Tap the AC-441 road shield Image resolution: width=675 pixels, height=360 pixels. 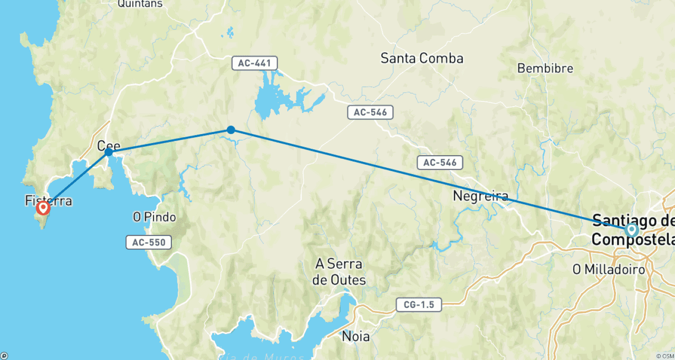pyautogui.click(x=254, y=63)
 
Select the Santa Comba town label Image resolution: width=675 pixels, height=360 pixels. pyautogui.click(x=422, y=58)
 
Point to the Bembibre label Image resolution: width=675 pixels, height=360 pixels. pyautogui.click(x=545, y=68)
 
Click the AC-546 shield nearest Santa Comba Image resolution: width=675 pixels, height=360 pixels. pyautogui.click(x=370, y=112)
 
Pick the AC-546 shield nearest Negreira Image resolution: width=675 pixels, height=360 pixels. pyautogui.click(x=440, y=162)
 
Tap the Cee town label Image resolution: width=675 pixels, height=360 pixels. pyautogui.click(x=108, y=145)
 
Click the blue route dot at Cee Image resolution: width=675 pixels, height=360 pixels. pyautogui.click(x=108, y=152)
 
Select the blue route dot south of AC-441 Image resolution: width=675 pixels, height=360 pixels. pyautogui.click(x=231, y=130)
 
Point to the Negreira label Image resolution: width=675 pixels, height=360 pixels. pyautogui.click(x=481, y=196)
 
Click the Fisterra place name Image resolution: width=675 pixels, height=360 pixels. pyautogui.click(x=49, y=201)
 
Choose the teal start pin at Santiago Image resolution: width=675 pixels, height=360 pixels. pyautogui.click(x=631, y=230)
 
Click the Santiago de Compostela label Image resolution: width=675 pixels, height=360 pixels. pyautogui.click(x=633, y=229)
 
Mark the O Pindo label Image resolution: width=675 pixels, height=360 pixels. pyautogui.click(x=154, y=217)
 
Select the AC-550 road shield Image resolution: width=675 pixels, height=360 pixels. pyautogui.click(x=148, y=243)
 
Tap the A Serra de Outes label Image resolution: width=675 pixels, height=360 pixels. pyautogui.click(x=339, y=272)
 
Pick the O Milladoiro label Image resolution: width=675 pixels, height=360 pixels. pyautogui.click(x=608, y=270)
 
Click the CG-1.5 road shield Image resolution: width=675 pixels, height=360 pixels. pyautogui.click(x=418, y=305)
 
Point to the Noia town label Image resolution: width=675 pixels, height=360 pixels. pyautogui.click(x=355, y=336)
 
